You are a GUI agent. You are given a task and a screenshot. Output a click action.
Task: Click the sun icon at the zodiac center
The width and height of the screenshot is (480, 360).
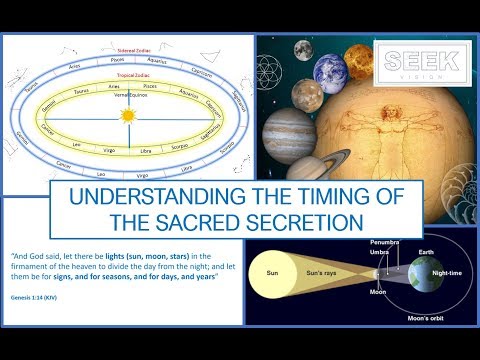[x=127, y=116]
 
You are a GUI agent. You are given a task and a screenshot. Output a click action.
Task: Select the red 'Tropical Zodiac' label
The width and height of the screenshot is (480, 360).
[x=128, y=73]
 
